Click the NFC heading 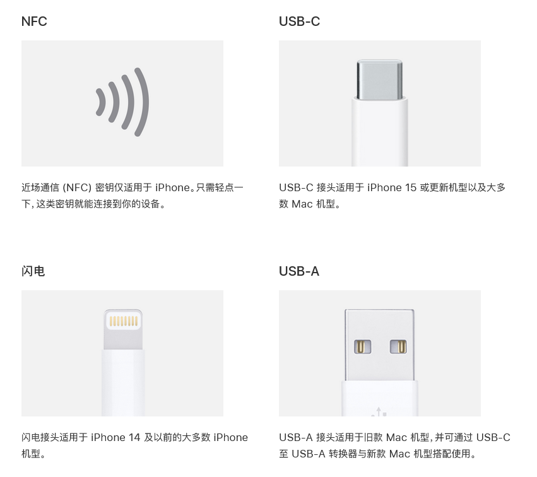click(34, 21)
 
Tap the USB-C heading click(299, 21)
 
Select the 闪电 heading click(33, 271)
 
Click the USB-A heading click(299, 271)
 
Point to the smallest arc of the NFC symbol click(100, 102)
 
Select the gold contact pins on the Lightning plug click(123, 321)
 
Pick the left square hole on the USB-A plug click(362, 346)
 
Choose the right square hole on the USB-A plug click(398, 346)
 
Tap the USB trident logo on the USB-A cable click(379, 411)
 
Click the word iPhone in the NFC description click(172, 187)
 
